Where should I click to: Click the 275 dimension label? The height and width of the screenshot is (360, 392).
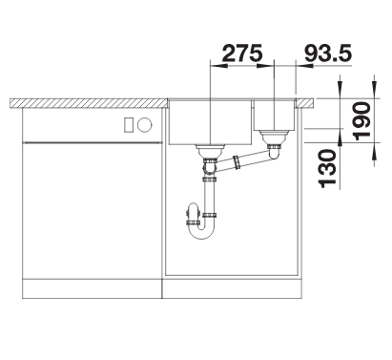(x=242, y=53)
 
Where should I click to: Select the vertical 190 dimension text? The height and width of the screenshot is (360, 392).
(x=362, y=121)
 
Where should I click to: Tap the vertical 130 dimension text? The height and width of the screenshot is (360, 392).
(x=327, y=168)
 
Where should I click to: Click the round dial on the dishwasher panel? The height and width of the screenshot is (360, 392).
(x=145, y=124)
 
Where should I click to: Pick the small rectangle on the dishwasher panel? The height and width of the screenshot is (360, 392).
(x=129, y=124)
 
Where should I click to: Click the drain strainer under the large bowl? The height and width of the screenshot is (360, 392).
(x=210, y=151)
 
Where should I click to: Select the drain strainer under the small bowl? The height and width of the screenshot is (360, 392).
(x=274, y=137)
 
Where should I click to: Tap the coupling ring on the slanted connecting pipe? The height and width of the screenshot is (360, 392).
(x=237, y=161)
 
